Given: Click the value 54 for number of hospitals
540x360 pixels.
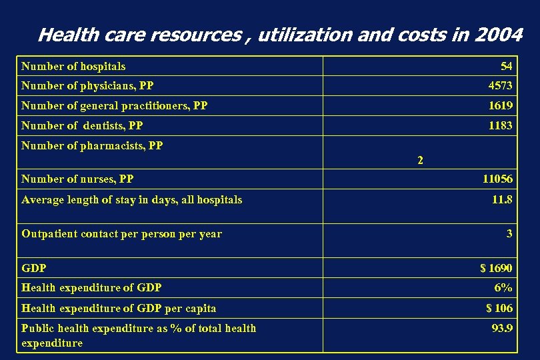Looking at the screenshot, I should point(506,66).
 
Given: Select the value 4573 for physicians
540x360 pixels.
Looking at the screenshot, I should point(500,85).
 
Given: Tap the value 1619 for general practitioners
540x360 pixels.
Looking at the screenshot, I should point(500,105).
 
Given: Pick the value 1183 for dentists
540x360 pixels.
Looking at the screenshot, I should point(500,125).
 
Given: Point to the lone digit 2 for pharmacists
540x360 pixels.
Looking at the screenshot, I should point(419,160).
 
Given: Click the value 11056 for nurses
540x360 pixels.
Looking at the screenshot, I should point(497,179).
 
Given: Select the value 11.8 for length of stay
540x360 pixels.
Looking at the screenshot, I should point(502,199).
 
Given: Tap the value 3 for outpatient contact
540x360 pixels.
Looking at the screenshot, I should point(509,233).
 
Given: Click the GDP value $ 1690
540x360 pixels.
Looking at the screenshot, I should point(496,268).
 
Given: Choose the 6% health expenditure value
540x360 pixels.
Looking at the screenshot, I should point(503,288).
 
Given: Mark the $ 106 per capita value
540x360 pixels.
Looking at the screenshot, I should point(499,307).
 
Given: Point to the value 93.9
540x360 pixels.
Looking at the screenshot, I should point(502,328).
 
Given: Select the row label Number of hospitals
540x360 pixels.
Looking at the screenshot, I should point(73,66).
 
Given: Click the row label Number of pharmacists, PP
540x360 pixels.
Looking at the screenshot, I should point(92,145).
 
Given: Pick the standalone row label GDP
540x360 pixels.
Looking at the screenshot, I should point(34,268).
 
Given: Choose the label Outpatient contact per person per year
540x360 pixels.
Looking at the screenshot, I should point(121,233).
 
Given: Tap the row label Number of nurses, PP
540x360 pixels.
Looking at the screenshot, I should point(77,179).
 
